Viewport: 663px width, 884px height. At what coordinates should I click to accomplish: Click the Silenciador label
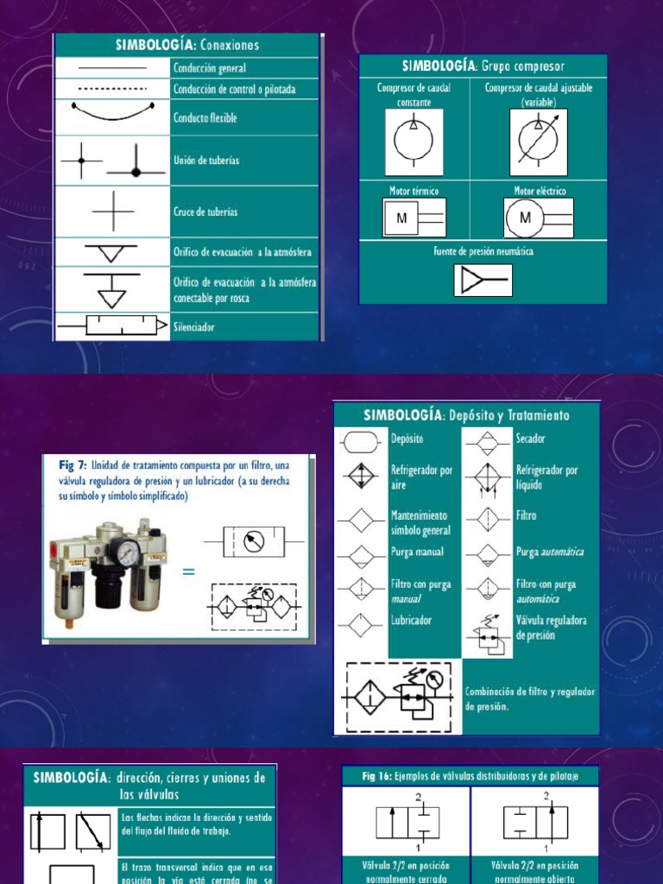[194, 327]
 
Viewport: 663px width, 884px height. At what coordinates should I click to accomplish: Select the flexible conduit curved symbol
[112, 114]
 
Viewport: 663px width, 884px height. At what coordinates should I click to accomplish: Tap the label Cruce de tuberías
[205, 212]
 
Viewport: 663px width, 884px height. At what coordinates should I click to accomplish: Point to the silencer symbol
[112, 325]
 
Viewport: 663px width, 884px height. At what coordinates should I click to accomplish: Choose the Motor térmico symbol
[414, 218]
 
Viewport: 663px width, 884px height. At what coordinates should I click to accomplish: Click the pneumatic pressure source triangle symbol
[483, 281]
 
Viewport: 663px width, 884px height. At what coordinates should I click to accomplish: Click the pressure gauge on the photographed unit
[128, 552]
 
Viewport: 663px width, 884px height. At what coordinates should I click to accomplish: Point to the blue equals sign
[188, 572]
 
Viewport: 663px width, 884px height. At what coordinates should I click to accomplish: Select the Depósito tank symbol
[361, 442]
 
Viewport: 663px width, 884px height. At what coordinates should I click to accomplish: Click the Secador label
[531, 439]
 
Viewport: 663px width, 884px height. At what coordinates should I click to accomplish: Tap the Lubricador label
[412, 620]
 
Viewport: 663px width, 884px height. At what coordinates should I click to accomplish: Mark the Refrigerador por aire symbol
[361, 475]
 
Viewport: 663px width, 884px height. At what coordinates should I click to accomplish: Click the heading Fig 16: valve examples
[470, 776]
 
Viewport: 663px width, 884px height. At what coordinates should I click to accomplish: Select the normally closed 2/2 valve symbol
[407, 823]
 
